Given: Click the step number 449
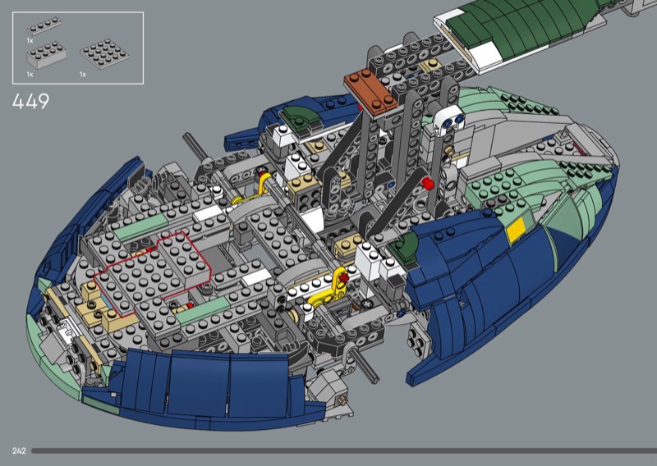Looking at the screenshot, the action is point(30,101).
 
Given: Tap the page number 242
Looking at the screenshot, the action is point(19,451).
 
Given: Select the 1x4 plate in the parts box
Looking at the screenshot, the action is point(44,26).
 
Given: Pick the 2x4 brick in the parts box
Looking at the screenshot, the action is point(46,55).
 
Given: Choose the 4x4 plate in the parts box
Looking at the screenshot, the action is point(104,54).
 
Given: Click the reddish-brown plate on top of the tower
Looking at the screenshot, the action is point(371,93).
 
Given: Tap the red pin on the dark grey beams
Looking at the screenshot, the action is point(426,183).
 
